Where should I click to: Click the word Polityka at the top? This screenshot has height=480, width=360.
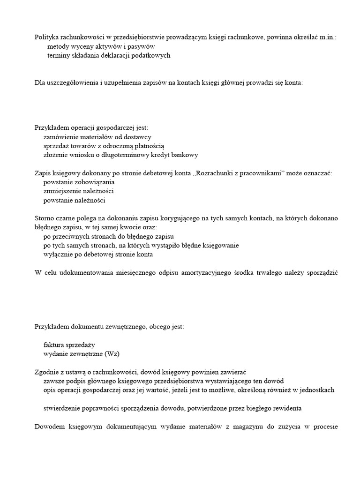pos(46,37)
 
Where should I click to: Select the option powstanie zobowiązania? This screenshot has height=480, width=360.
pos(79,182)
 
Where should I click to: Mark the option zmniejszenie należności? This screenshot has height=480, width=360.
pos(78,191)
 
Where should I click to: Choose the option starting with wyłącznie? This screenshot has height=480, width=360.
pos(98,255)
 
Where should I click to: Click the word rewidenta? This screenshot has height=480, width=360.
pos(285,408)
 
